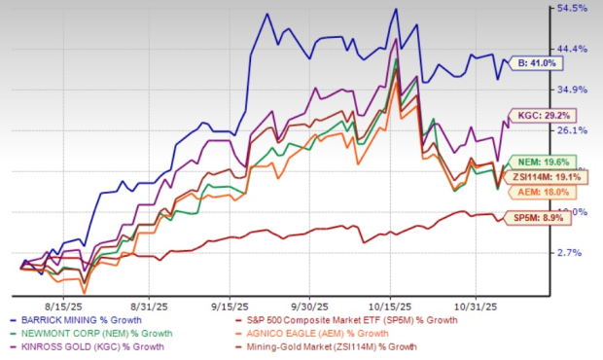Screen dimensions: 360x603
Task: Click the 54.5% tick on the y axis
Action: [573, 8]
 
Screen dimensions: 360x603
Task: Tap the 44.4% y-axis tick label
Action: [573, 49]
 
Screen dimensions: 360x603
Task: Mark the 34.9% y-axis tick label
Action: [573, 90]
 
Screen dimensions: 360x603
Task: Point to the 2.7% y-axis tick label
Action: [573, 253]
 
